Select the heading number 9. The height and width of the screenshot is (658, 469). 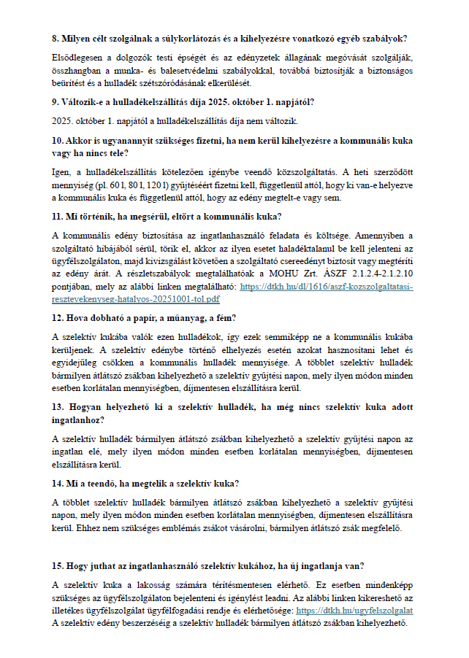tap(56, 103)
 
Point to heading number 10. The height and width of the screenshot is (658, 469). tap(58, 139)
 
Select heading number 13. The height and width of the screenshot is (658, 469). tap(58, 407)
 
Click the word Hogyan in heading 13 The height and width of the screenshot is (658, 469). tap(89, 407)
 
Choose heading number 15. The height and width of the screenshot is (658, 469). tap(58, 566)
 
